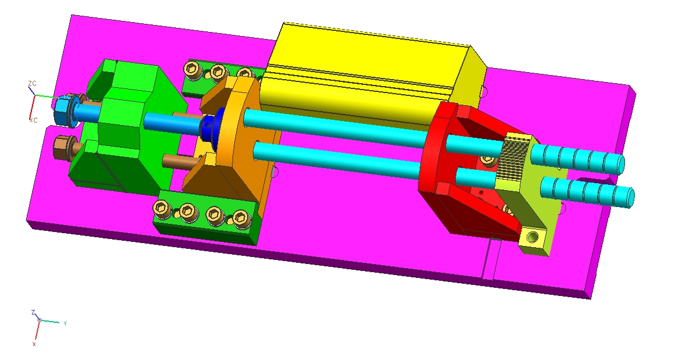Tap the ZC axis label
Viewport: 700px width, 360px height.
pyautogui.click(x=32, y=84)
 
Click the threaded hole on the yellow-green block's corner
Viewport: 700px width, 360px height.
pyautogui.click(x=531, y=237)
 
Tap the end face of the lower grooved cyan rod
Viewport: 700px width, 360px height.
pyautogui.click(x=630, y=198)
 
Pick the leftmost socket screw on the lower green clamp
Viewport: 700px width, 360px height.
pyautogui.click(x=160, y=206)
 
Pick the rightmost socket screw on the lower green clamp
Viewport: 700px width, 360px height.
pyautogui.click(x=239, y=219)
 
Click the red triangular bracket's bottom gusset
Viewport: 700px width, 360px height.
pyautogui.click(x=488, y=215)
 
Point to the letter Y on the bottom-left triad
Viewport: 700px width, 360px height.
pyautogui.click(x=65, y=323)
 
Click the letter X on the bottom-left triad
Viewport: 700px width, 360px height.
pyautogui.click(x=34, y=344)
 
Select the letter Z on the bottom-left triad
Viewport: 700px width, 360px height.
pyautogui.click(x=33, y=312)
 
